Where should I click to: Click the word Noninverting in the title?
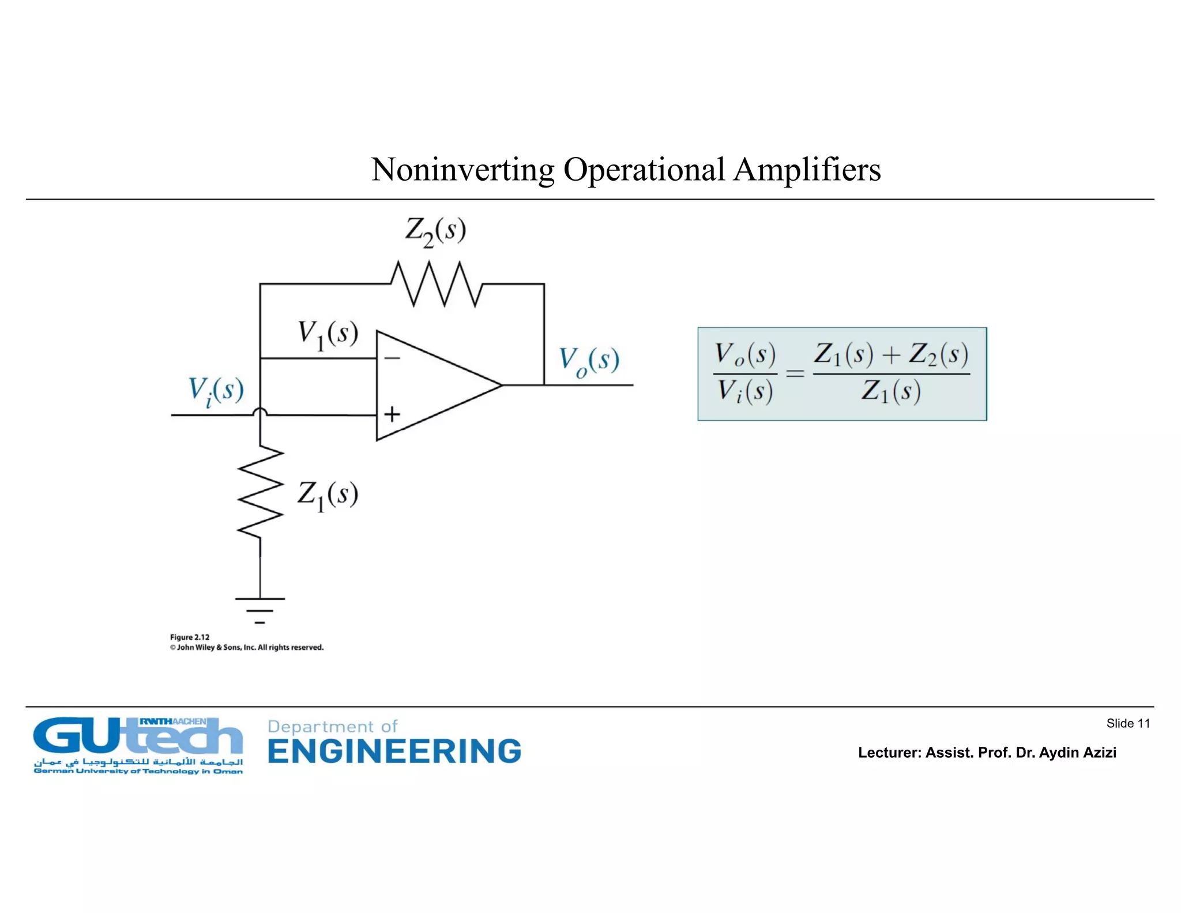pyautogui.click(x=462, y=170)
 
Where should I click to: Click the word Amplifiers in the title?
pyautogui.click(x=807, y=170)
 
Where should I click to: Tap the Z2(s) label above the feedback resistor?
pyautogui.click(x=435, y=232)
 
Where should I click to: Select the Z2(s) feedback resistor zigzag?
pyautogui.click(x=436, y=283)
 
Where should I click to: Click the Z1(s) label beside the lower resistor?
pyautogui.click(x=328, y=496)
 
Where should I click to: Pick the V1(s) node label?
pyautogui.click(x=328, y=335)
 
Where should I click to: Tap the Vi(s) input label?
pyautogui.click(x=216, y=391)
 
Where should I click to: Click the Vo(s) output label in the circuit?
pyautogui.click(x=589, y=361)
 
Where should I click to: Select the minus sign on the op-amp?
pyautogui.click(x=392, y=358)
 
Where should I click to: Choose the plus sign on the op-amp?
pyautogui.click(x=392, y=414)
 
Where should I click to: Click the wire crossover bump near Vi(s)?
pyautogui.click(x=260, y=411)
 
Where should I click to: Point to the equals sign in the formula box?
pyautogui.click(x=795, y=374)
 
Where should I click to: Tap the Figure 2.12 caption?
pyautogui.click(x=190, y=637)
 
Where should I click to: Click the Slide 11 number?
pyautogui.click(x=1128, y=723)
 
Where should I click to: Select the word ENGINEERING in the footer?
pyautogui.click(x=394, y=751)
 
